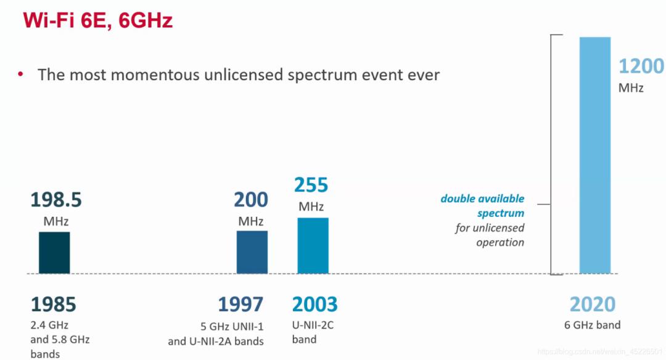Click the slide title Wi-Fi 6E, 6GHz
(x=97, y=21)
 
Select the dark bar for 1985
(x=54, y=252)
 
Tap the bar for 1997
(x=252, y=252)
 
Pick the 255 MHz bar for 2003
(x=313, y=245)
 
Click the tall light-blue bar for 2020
(x=595, y=155)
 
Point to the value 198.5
(x=56, y=200)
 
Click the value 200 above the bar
(x=251, y=200)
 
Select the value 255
(x=311, y=186)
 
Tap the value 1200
(x=641, y=67)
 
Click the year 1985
(x=53, y=305)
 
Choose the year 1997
(x=240, y=305)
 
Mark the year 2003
(x=314, y=305)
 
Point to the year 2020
(x=592, y=305)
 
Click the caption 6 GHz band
(x=593, y=325)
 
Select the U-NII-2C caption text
(x=313, y=325)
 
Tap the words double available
(x=482, y=198)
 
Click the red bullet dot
(x=20, y=75)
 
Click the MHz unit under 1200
(x=631, y=88)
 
